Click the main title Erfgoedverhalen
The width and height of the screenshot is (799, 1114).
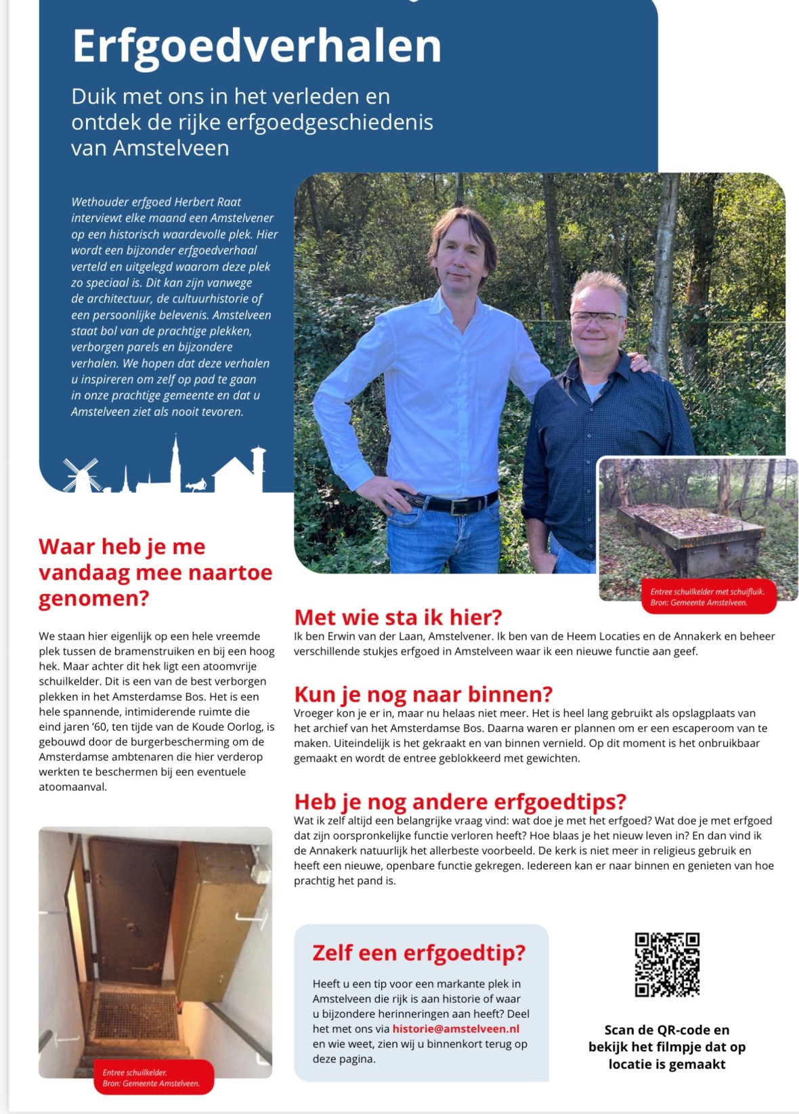click(x=257, y=46)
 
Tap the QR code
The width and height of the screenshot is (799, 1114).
click(x=666, y=964)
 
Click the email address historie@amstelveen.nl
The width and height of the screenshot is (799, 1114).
click(x=456, y=1029)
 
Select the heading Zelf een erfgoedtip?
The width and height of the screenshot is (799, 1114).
click(x=418, y=953)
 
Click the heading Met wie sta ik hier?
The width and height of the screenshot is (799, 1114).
click(x=398, y=617)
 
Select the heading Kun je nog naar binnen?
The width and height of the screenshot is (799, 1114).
click(x=423, y=694)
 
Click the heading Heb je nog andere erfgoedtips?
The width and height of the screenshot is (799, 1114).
click(x=460, y=802)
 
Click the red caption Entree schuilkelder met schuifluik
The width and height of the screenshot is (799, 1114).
click(x=707, y=591)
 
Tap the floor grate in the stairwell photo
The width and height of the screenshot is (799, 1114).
click(x=138, y=1016)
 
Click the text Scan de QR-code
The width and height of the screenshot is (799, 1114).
click(x=666, y=1030)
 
